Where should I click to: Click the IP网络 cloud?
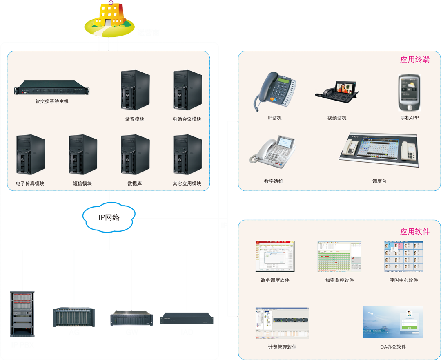click(109, 217)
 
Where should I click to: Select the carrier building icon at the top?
click(109, 19)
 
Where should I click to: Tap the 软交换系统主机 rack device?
click(52, 91)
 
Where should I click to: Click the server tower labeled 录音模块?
click(135, 90)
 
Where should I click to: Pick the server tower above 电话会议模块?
click(187, 90)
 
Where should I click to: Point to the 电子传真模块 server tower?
click(30, 155)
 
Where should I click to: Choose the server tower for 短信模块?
click(82, 155)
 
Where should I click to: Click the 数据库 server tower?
click(135, 155)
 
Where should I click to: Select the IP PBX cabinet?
click(22, 314)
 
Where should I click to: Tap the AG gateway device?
click(74, 317)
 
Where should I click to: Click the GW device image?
click(131, 318)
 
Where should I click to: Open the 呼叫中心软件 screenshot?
click(403, 256)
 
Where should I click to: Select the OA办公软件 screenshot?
click(393, 322)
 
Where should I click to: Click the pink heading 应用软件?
click(415, 232)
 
